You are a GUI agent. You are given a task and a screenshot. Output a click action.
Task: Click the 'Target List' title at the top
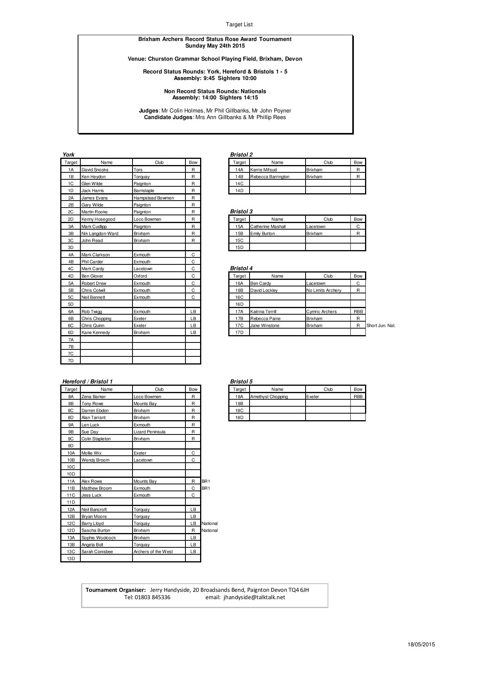(239, 24)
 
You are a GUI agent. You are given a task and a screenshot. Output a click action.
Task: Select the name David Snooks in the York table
(95, 170)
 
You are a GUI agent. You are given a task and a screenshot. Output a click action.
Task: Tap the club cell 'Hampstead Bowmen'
(154, 198)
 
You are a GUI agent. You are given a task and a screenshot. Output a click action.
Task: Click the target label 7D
(71, 361)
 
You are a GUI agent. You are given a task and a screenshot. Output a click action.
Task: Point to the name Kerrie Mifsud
(263, 170)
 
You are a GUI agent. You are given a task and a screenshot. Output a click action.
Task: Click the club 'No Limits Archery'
(324, 290)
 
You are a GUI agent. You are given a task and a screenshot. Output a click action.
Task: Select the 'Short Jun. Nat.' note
(381, 325)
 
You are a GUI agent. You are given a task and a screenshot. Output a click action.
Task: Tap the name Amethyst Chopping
(269, 397)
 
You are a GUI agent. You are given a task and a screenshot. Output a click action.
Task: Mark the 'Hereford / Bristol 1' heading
(88, 382)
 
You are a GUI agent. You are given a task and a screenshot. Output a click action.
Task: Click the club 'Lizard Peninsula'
(149, 432)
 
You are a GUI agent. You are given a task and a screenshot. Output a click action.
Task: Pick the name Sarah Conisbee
(97, 552)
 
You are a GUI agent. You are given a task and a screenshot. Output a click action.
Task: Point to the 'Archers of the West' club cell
(153, 552)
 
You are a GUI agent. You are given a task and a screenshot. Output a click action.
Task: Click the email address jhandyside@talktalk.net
(254, 597)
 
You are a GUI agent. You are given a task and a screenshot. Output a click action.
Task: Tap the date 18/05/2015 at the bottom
(421, 644)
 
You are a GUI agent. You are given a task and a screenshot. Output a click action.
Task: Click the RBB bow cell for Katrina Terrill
(358, 312)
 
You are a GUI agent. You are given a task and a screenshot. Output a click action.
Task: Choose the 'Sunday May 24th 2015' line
(215, 46)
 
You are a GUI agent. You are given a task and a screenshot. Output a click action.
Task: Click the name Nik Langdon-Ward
(100, 233)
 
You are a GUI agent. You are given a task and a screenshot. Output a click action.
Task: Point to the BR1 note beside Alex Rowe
(206, 481)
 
